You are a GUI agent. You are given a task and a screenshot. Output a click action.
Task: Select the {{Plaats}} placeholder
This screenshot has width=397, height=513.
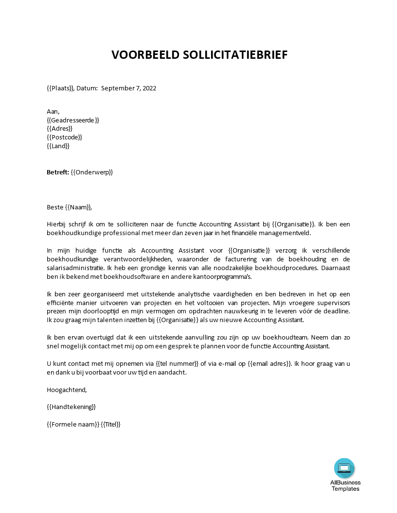pos(60,88)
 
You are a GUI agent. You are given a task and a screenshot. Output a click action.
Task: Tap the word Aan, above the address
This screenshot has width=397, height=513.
pos(53,111)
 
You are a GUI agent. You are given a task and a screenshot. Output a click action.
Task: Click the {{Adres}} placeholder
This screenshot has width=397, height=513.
pos(59,129)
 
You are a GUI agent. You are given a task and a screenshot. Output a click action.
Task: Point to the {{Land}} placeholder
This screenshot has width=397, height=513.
pos(58,146)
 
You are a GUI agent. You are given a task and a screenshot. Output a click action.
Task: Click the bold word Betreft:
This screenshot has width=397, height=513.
pos(57,172)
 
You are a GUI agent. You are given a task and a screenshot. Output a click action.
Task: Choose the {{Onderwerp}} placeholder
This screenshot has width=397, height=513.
pos(92,172)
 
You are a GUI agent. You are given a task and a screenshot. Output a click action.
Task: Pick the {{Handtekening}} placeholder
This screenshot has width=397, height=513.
pos(71,407)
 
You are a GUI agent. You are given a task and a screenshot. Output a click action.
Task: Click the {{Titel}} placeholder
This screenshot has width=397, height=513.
pos(110,424)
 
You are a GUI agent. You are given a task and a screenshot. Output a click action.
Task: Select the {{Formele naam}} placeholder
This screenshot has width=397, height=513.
pos(72,424)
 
